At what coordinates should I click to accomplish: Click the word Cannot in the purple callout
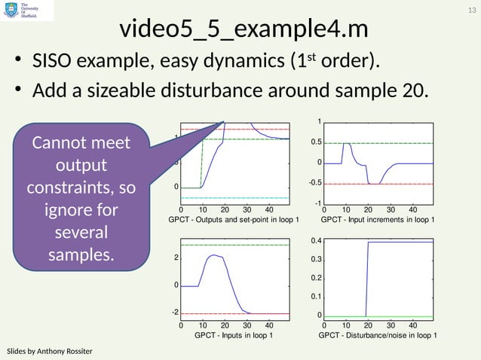click(78, 143)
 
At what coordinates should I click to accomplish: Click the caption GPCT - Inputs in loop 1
click(234, 334)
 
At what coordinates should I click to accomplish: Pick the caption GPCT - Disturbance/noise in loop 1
click(378, 334)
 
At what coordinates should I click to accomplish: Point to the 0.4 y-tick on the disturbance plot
click(317, 241)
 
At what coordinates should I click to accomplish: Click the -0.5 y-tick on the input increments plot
click(315, 183)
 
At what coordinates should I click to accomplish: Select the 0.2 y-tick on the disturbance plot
click(317, 279)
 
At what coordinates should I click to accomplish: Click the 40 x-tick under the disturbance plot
click(412, 325)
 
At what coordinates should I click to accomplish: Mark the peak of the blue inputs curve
click(216, 255)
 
